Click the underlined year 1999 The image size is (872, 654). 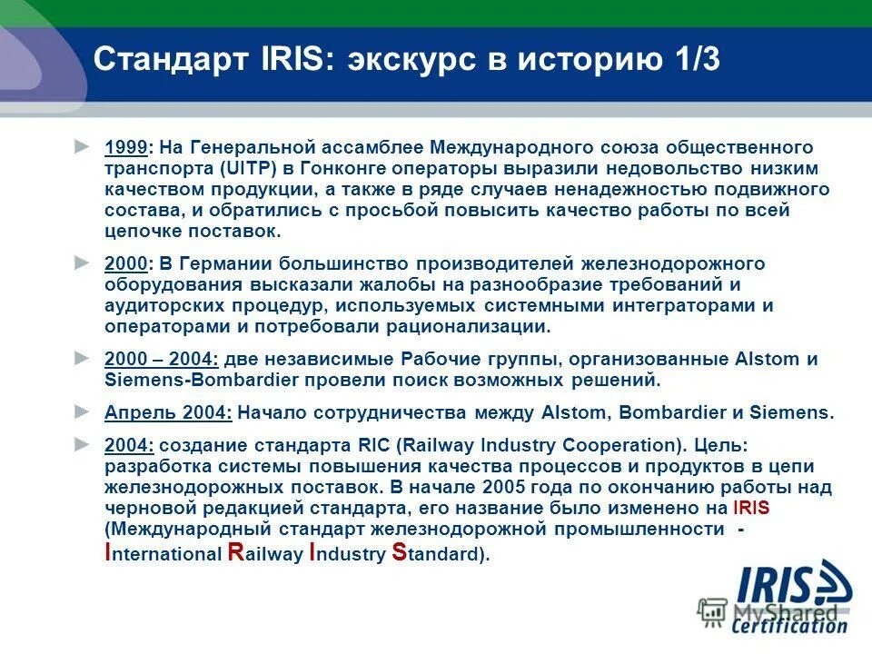(125, 147)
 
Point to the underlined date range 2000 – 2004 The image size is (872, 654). (162, 359)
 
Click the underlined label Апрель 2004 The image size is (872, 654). (168, 412)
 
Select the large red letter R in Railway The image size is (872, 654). (234, 553)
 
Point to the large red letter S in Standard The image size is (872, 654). (398, 553)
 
